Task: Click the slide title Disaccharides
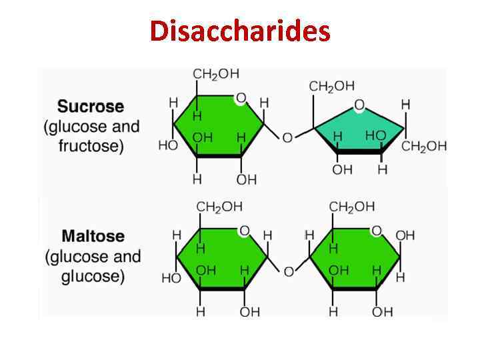click(240, 31)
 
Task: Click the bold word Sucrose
click(91, 107)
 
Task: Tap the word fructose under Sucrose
click(91, 146)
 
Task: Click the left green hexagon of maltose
click(221, 257)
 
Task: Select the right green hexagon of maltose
click(355, 257)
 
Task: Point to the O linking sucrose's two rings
click(287, 138)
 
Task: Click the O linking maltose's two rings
click(289, 271)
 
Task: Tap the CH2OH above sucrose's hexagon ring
click(216, 74)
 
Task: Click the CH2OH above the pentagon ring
click(332, 86)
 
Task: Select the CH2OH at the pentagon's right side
click(424, 147)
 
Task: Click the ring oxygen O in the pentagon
click(359, 105)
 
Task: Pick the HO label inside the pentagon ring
click(375, 135)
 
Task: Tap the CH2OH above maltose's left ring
click(219, 207)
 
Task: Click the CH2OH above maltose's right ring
click(352, 207)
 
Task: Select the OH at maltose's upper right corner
click(405, 235)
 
